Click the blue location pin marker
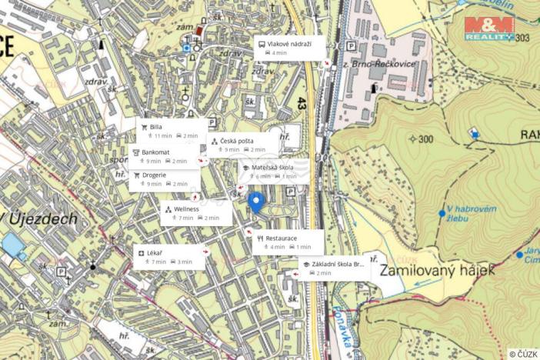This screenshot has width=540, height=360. click(x=257, y=202)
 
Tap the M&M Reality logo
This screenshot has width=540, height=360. click(x=489, y=28)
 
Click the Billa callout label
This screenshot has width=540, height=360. click(x=172, y=131)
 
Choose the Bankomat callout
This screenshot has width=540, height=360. click(x=165, y=156)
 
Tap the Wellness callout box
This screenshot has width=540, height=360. click(x=196, y=213)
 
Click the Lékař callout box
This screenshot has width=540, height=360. click(x=169, y=257)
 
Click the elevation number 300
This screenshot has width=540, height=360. click(x=426, y=138)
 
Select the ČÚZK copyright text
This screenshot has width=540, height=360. click(x=523, y=354)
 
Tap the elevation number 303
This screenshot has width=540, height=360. click(x=523, y=37)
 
